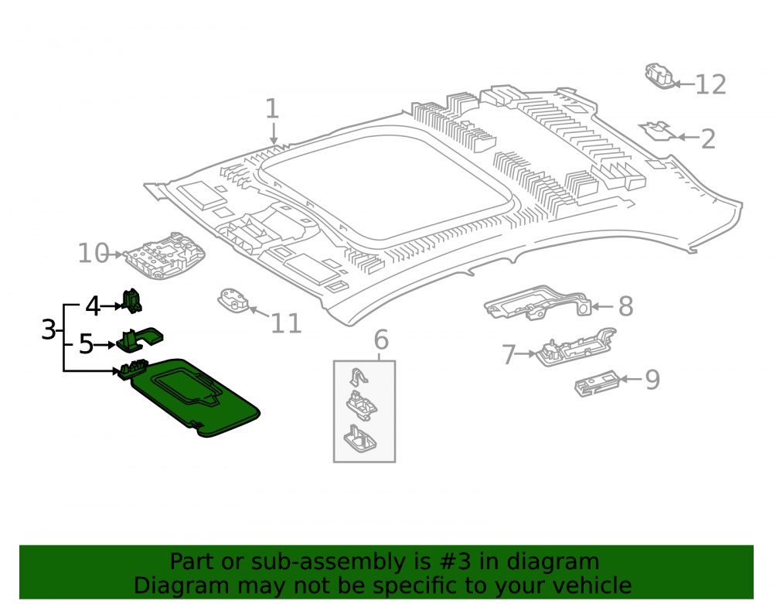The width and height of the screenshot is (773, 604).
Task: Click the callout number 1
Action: coord(273,108)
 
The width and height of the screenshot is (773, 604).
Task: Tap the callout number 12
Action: coord(710,85)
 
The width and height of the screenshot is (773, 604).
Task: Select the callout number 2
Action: coord(708,139)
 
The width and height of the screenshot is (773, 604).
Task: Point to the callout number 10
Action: coord(94,253)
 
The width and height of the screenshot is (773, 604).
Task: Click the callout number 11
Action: coord(287,323)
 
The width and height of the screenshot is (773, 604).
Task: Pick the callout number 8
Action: coord(625,306)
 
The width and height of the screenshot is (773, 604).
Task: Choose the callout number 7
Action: coord(509,354)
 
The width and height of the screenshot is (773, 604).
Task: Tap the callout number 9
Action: coord(652,380)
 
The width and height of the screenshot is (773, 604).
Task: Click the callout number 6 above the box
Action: coord(381,340)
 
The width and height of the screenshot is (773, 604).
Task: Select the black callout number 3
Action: coord(48,329)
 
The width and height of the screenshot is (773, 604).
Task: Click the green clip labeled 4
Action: coord(131,301)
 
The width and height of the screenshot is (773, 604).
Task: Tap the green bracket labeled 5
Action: coord(139,340)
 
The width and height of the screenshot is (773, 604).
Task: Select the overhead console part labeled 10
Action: coord(165,256)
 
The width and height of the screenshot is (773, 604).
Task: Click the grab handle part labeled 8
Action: coord(538,302)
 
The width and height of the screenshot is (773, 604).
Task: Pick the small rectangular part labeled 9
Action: coord(597,383)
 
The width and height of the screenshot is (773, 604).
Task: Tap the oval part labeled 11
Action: coord(233,301)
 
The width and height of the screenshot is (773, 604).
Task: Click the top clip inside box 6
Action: coord(359,377)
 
